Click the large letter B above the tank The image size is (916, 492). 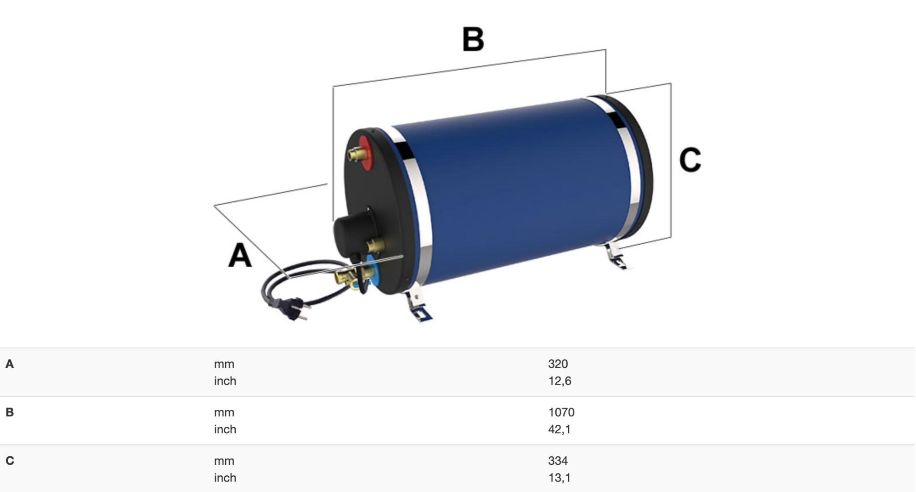click(473, 39)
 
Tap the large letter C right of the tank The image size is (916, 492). click(690, 160)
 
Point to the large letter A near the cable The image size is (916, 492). click(239, 255)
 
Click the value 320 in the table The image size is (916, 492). click(558, 364)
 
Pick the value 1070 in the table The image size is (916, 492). click(561, 412)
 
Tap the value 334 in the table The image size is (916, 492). click(558, 461)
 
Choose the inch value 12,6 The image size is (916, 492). click(560, 381)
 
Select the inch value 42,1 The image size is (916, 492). click(559, 429)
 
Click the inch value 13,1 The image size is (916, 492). click(559, 478)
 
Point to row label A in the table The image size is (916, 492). click(10, 364)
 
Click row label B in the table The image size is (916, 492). click(10, 412)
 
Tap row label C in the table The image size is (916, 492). click(10, 461)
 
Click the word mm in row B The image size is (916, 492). click(224, 412)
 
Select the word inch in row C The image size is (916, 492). click(225, 478)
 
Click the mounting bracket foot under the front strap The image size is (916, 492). click(419, 306)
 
